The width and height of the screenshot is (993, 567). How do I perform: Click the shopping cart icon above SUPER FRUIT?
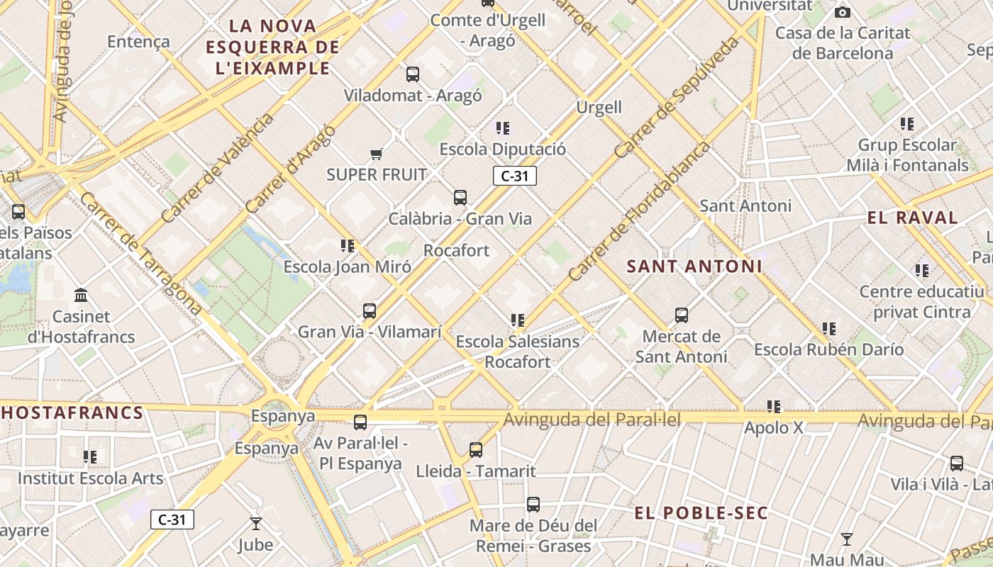376,154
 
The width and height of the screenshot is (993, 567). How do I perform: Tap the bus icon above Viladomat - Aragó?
413,74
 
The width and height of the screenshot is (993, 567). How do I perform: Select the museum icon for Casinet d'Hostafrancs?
81,295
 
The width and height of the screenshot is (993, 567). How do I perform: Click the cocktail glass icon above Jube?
256,524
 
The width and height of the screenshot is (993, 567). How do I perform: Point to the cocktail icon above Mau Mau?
846,539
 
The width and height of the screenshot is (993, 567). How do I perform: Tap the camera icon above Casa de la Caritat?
843,12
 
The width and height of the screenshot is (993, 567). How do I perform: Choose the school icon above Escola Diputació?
503,128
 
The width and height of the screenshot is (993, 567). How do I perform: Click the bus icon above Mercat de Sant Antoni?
682,315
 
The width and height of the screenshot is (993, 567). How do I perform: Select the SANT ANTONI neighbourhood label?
694,266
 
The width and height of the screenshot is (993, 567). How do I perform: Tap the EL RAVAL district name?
912,218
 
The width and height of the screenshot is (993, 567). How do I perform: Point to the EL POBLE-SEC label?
701,513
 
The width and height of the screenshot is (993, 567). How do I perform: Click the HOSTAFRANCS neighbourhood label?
72,412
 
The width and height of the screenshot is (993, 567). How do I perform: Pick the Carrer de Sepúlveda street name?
676,97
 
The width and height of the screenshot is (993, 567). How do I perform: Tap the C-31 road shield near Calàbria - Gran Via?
515,176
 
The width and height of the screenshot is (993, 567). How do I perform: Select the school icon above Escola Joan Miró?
348,246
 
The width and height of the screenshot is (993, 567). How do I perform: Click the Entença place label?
138,42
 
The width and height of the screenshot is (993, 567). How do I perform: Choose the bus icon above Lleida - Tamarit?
476,450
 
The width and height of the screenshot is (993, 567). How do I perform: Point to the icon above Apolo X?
774,407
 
